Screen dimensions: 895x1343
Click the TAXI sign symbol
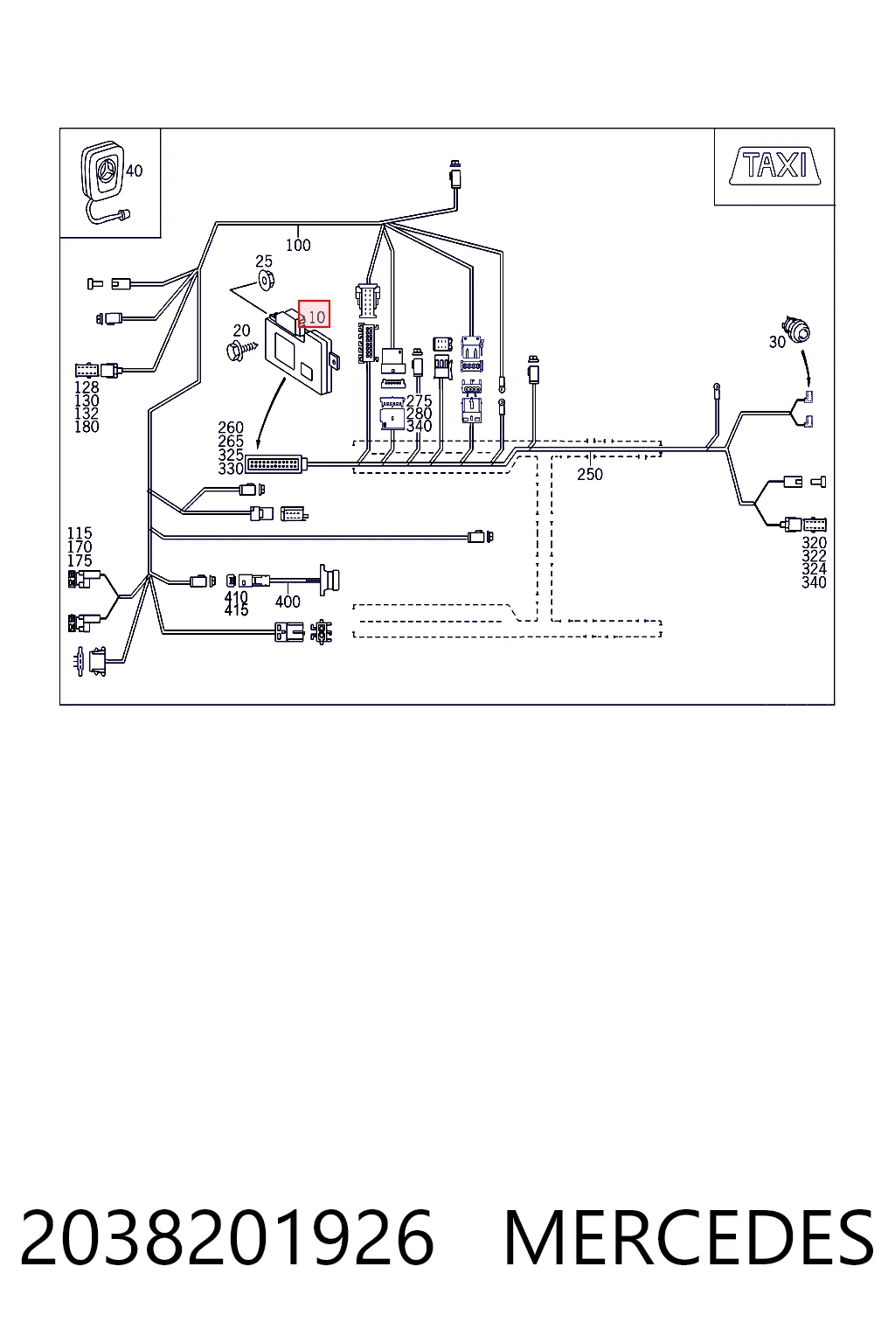774,165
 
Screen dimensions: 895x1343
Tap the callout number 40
135,170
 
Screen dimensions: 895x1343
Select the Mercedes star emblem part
104,170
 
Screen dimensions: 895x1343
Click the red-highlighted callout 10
314,314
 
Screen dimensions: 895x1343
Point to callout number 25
264,261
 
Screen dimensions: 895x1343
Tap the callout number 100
298,245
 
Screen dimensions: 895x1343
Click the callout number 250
590,474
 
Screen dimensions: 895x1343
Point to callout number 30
777,342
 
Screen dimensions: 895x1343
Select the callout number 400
288,602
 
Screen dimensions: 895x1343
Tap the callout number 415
236,610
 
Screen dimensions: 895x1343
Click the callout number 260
231,428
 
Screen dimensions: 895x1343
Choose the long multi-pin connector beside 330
275,463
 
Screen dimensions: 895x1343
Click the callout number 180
87,427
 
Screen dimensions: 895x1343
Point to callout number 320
814,543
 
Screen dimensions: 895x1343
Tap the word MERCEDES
689,1237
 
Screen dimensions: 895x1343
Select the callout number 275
419,400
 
